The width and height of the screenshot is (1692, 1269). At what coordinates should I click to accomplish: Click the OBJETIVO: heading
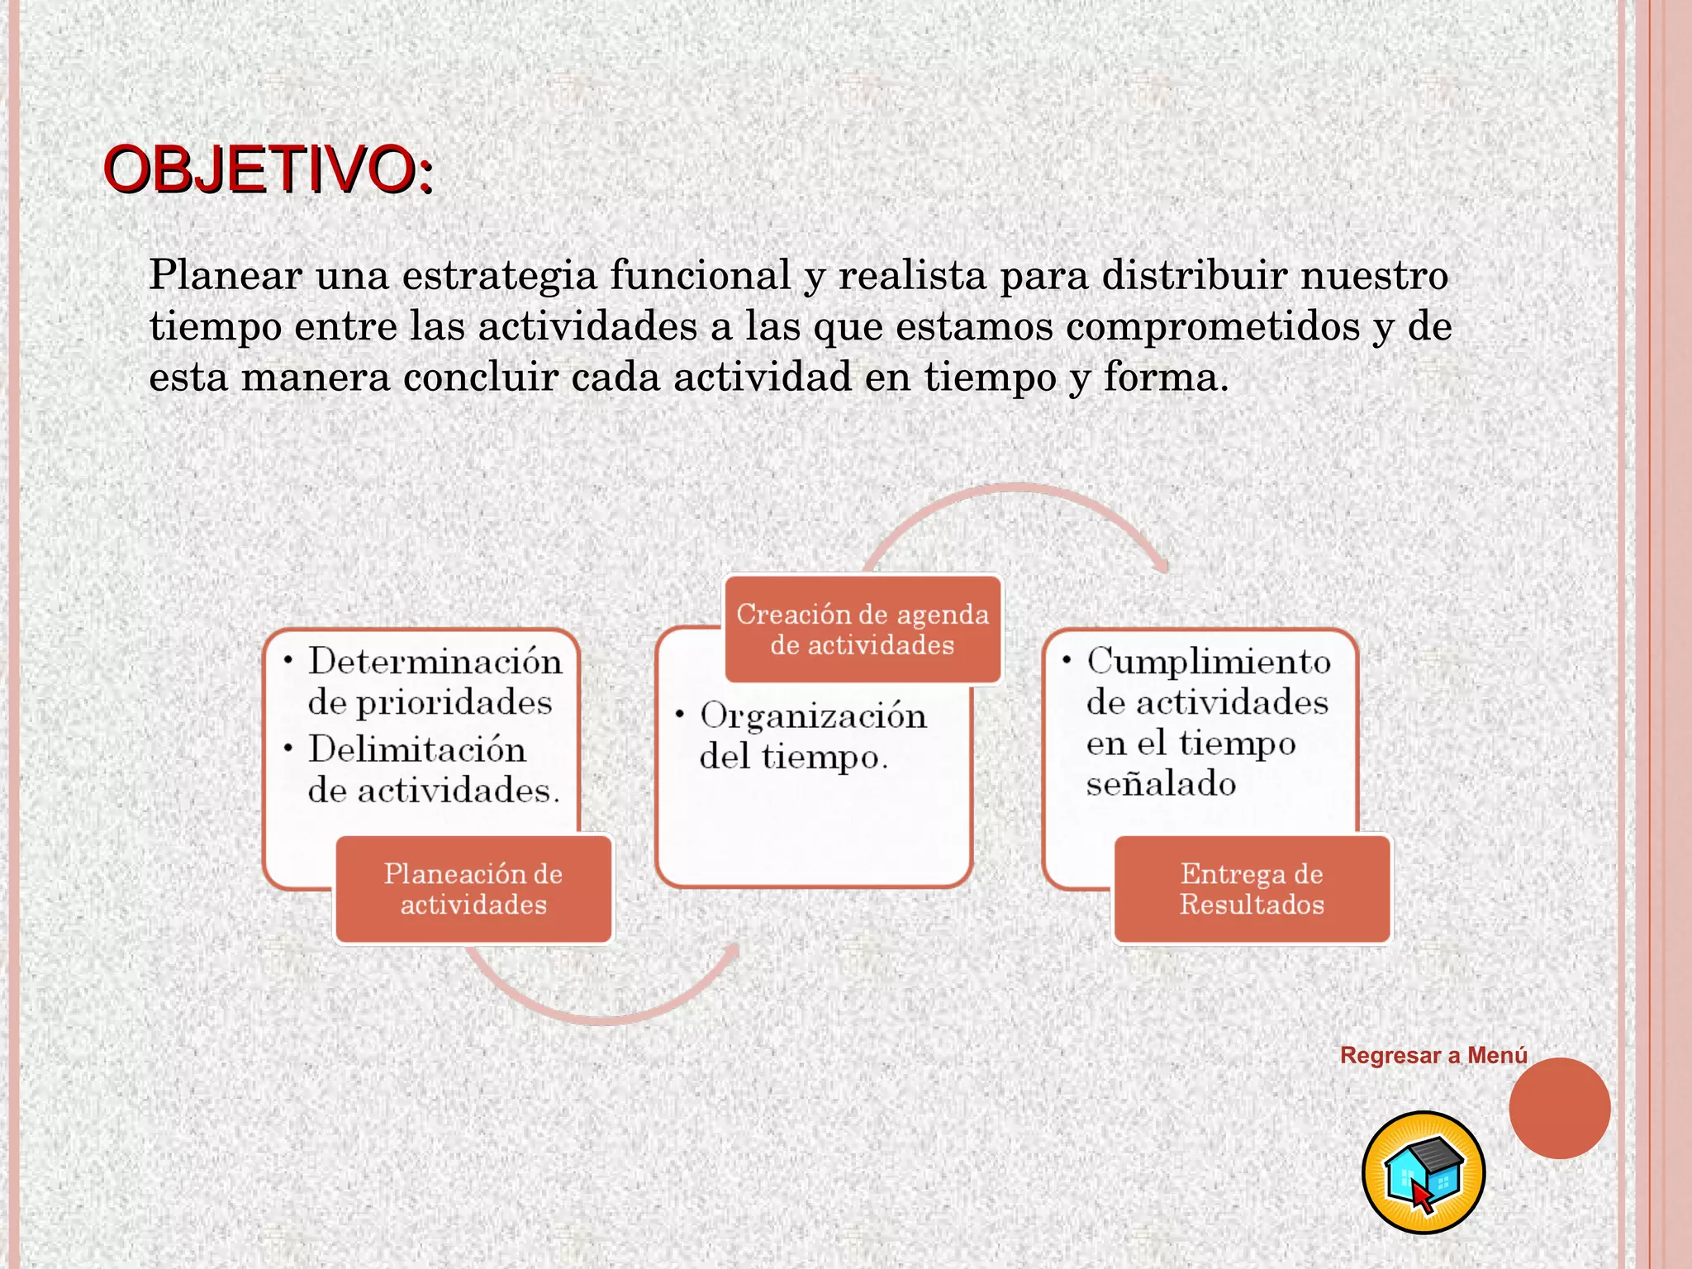268,170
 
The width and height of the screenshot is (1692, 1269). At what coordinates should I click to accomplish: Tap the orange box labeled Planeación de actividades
473,889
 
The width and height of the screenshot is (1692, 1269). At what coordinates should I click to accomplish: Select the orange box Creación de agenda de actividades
863,630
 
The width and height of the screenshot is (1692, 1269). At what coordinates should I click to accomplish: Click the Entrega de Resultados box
1252,889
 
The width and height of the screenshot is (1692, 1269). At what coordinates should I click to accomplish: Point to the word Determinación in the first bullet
435,662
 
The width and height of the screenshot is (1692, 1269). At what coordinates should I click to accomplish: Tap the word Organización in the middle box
813,716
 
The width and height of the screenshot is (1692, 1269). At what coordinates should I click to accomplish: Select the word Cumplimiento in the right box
1209,662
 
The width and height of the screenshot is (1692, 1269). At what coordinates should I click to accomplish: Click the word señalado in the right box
1161,784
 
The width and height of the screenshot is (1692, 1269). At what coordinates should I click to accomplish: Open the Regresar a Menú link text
1433,1055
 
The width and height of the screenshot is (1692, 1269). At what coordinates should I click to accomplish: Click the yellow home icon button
1423,1172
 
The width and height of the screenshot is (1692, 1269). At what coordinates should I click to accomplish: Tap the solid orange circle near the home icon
1559,1108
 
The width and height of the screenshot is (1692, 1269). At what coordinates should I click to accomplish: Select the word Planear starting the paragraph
225,275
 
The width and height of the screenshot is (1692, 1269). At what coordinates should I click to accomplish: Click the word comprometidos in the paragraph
1212,326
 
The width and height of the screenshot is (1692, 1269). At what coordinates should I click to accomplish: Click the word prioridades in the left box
430,703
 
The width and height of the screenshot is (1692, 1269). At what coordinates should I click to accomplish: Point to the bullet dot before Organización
680,714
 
